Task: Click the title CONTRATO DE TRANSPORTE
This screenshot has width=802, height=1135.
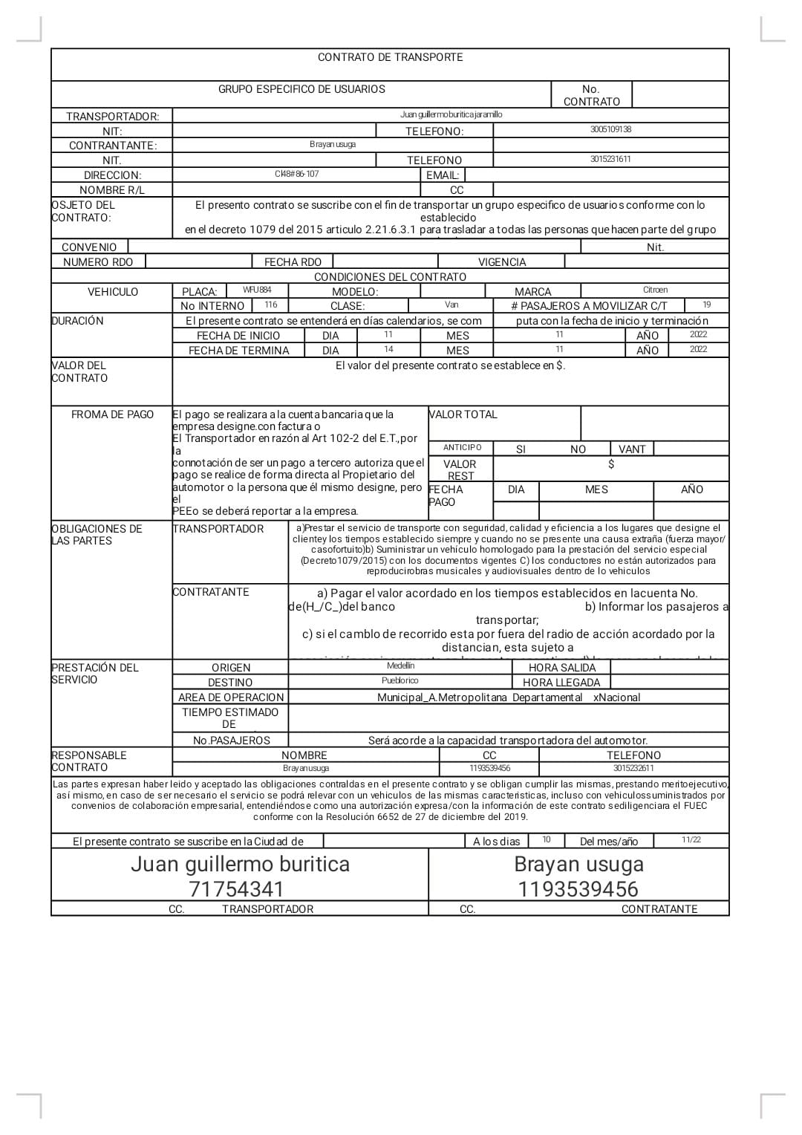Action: click(390, 57)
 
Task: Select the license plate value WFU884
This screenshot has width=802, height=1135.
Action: click(257, 290)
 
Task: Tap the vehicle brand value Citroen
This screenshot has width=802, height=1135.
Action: click(655, 290)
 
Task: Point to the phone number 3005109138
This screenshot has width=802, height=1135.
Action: click(610, 129)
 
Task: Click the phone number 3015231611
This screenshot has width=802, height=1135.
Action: click(610, 159)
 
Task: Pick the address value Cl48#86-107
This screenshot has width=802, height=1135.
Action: click(296, 174)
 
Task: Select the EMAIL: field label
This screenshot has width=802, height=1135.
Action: click(443, 175)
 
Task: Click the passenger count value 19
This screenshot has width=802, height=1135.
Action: click(706, 305)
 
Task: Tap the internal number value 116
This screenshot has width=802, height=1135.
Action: click(271, 305)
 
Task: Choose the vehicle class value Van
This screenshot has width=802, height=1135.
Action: click(451, 305)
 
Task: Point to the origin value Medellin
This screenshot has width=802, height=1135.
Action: click(400, 666)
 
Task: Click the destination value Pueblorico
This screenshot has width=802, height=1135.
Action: click(400, 680)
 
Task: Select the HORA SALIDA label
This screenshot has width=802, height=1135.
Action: click(562, 668)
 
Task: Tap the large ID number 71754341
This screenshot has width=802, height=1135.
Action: click(236, 889)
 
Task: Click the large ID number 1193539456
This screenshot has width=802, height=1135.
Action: click(578, 889)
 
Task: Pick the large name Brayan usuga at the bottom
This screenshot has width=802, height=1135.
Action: click(578, 864)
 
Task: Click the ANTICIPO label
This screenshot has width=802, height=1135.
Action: click(462, 448)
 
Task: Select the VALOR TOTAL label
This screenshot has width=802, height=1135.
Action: click(463, 414)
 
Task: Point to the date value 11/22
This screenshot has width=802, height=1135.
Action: click(691, 840)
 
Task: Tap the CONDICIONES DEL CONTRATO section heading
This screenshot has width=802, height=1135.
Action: click(390, 277)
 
